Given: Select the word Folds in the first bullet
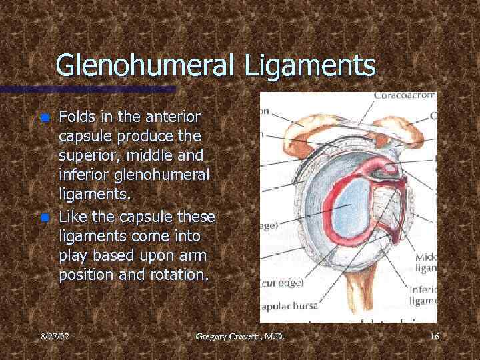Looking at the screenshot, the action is (x=77, y=117).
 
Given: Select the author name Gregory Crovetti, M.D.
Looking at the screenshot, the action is (x=240, y=337).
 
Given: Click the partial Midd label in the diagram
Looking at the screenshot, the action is (x=425, y=257).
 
